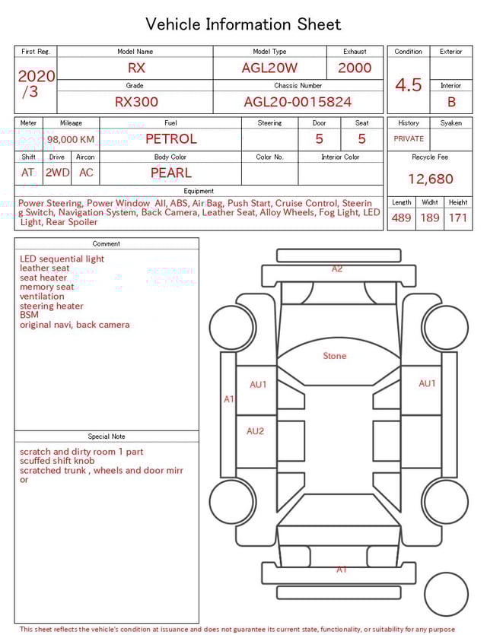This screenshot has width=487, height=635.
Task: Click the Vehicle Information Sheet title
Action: [x=243, y=24]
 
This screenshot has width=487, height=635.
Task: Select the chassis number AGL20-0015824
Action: [x=298, y=102]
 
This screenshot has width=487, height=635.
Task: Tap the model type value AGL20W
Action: [x=269, y=68]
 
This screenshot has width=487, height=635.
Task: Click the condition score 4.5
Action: [x=408, y=84]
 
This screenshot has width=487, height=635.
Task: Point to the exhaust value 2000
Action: [x=355, y=68]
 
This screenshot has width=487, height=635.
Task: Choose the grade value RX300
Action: [x=136, y=102]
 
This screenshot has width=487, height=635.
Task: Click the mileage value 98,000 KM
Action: [x=71, y=140]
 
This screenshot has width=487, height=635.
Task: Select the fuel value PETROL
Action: [x=170, y=139]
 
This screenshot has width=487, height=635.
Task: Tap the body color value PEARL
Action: [x=170, y=173]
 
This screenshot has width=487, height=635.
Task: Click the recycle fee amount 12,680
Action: [x=430, y=179]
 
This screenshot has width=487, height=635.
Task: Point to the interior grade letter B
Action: [x=450, y=102]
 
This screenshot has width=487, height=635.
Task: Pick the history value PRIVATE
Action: [x=409, y=139]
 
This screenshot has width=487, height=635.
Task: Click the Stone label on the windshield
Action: [x=334, y=356]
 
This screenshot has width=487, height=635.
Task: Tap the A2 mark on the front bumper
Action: [x=337, y=269]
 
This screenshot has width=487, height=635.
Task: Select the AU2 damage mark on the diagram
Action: [x=255, y=431]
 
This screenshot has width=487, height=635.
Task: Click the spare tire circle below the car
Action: [x=447, y=594]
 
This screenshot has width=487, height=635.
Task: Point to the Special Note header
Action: [x=106, y=437]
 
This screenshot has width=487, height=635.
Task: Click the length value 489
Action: [x=401, y=218]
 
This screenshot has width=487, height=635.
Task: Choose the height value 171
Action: [x=458, y=218]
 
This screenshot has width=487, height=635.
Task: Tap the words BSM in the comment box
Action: [x=29, y=315]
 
